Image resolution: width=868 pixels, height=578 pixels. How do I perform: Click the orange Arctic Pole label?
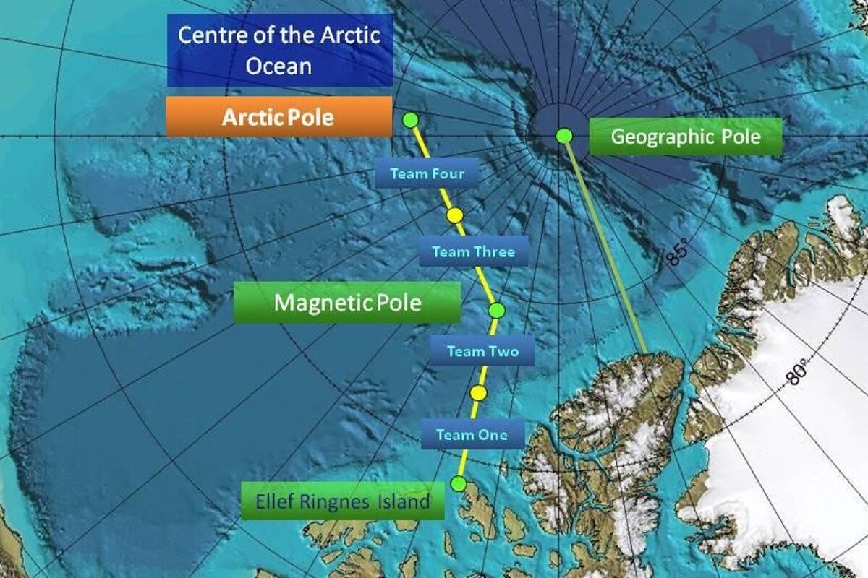(278, 117)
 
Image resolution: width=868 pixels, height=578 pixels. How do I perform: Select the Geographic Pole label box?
(686, 137)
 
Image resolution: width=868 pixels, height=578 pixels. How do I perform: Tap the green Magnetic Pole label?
(346, 302)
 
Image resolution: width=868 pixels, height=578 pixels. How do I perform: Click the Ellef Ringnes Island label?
(342, 501)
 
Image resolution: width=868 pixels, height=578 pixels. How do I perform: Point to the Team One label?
(471, 435)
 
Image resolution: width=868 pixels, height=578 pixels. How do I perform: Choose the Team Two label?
(482, 352)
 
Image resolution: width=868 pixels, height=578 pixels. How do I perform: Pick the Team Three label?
(473, 252)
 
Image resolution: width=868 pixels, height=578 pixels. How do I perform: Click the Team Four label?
(427, 173)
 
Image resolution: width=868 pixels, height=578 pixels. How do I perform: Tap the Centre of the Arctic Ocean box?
(279, 50)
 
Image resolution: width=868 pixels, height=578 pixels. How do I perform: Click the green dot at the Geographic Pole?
(564, 135)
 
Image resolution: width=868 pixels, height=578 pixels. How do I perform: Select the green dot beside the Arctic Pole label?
(410, 120)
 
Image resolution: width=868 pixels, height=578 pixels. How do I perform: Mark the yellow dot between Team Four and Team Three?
(454, 215)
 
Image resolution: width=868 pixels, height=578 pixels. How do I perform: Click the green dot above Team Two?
(496, 310)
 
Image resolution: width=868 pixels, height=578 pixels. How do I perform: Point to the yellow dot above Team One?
(477, 392)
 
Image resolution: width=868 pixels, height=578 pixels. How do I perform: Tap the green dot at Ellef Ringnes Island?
(458, 483)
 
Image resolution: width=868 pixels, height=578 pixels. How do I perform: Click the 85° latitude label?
(676, 254)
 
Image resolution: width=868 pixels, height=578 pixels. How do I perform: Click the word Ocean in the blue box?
(278, 66)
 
